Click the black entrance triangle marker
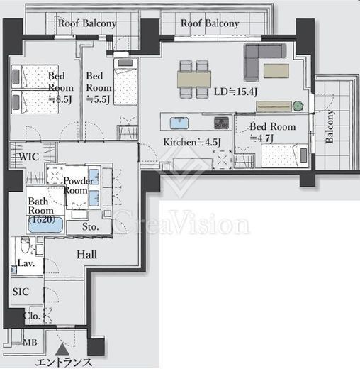tap(62, 349)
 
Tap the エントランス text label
tap(64, 363)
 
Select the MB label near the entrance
tap(30, 342)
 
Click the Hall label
tap(86, 255)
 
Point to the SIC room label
tap(21, 292)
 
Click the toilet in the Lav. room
tap(25, 245)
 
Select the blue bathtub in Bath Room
tap(45, 225)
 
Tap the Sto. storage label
tap(91, 227)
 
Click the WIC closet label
tap(29, 157)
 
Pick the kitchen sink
tap(179, 123)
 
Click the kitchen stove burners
tap(221, 123)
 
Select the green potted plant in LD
tap(298, 106)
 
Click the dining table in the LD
tap(194, 79)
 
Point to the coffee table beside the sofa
tap(276, 70)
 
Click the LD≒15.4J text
tap(235, 92)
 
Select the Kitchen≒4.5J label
tap(192, 142)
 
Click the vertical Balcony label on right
tap(330, 126)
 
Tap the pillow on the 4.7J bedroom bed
tap(303, 155)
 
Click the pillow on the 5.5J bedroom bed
tap(125, 63)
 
